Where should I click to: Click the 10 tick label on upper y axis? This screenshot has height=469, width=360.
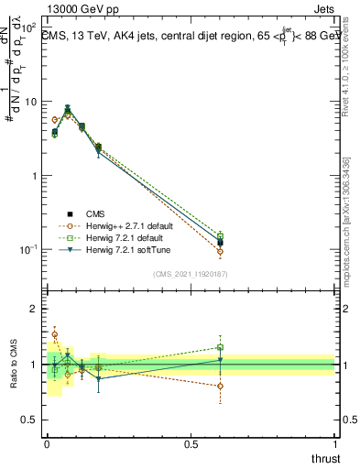[31, 102]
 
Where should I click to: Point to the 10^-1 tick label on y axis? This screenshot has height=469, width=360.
[29, 250]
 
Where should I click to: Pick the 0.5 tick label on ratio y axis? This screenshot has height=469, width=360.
[32, 420]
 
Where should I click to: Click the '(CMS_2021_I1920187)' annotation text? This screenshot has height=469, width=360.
[191, 273]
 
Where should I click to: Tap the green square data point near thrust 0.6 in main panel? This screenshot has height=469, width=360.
[220, 235]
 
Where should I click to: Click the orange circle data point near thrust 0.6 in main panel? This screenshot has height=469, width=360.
[220, 251]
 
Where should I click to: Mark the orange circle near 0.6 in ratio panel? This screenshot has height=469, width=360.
[220, 386]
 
